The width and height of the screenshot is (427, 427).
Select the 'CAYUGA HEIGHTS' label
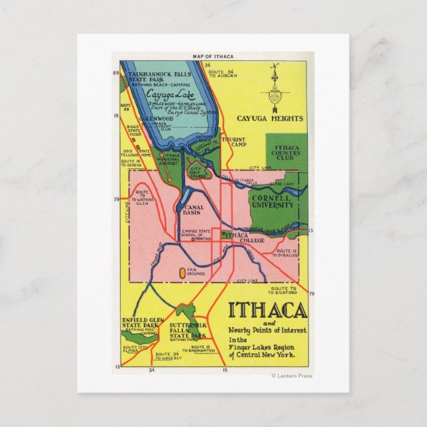pyautogui.click(x=270, y=119)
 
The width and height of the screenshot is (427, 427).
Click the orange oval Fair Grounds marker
pyautogui.click(x=182, y=272)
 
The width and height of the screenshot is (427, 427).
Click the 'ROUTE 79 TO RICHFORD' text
pyautogui.click(x=288, y=290)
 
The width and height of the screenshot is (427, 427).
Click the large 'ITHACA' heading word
pyautogui.click(x=267, y=310)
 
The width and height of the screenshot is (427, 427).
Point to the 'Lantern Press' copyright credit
pyautogui.click(x=292, y=376)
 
